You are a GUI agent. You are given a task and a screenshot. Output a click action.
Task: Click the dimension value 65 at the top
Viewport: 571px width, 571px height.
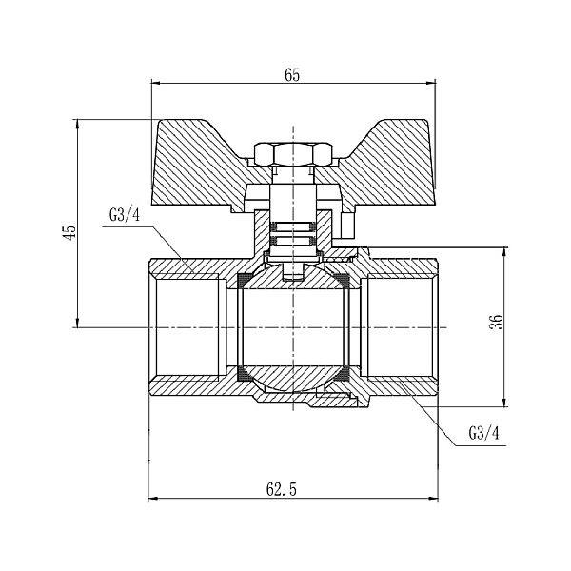(291, 76)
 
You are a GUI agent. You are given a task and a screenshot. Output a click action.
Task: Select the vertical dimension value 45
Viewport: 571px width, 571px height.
(68, 233)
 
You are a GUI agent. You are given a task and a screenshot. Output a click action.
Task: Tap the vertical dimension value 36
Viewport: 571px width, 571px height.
(496, 321)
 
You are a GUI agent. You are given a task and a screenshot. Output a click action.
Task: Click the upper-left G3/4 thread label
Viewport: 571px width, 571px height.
(124, 214)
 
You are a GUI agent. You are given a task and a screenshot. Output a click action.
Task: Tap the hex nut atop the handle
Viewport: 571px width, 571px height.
(292, 152)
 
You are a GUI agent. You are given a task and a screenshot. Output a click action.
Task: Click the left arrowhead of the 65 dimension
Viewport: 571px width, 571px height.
(155, 87)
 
